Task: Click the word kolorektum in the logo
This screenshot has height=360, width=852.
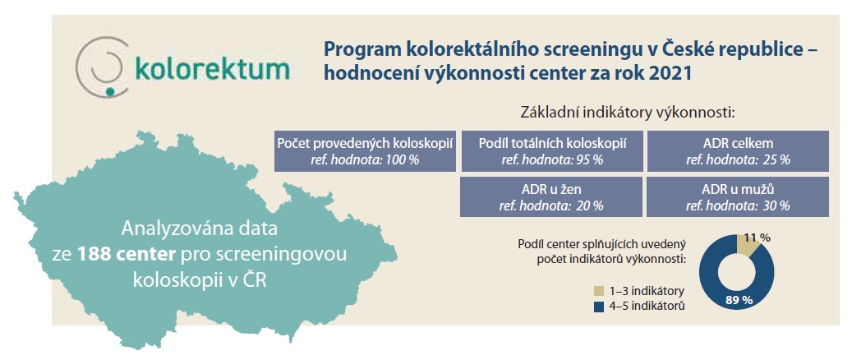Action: click(x=212, y=69)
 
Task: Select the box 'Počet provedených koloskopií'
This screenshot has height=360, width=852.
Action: click(x=366, y=151)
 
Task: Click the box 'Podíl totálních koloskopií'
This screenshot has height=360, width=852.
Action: click(x=553, y=151)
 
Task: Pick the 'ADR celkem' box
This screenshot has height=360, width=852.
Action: click(x=738, y=151)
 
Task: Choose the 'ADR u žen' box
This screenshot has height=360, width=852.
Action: click(x=553, y=197)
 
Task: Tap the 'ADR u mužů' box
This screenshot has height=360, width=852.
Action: click(x=738, y=197)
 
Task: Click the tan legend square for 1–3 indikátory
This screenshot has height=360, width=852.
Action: click(x=599, y=291)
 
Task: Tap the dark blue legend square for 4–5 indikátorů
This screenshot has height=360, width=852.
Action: click(x=599, y=307)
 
